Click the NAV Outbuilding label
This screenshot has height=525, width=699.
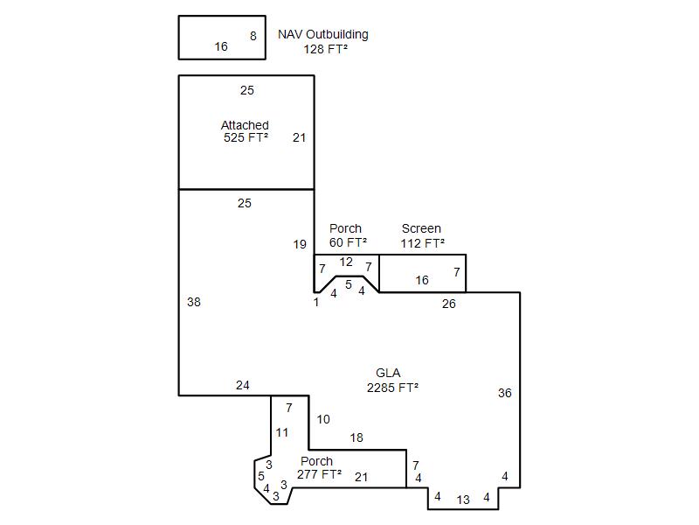[x=323, y=34]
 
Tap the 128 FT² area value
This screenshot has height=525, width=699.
[x=325, y=49]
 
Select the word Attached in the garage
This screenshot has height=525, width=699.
[x=245, y=125]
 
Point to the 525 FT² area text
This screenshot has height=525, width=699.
[x=246, y=137]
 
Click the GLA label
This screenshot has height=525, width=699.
[x=388, y=373]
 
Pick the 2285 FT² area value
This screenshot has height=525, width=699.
[x=392, y=388]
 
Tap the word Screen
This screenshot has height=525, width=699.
[x=421, y=228]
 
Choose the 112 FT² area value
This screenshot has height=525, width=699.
[x=422, y=243]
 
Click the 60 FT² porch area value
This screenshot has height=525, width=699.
[x=348, y=242]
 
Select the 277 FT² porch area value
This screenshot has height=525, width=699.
[x=319, y=474]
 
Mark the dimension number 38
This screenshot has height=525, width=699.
[x=194, y=302]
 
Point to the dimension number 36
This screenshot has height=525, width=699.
[x=505, y=393]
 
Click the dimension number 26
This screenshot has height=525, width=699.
[x=449, y=304]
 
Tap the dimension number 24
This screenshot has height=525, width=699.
[x=243, y=385]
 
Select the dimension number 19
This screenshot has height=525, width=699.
[x=300, y=244]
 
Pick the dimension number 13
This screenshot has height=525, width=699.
[x=463, y=500]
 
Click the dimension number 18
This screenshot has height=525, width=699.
[x=356, y=438]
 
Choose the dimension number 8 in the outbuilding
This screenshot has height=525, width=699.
[x=253, y=36]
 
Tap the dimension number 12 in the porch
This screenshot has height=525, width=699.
[x=346, y=262]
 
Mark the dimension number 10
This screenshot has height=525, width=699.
[x=323, y=419]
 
